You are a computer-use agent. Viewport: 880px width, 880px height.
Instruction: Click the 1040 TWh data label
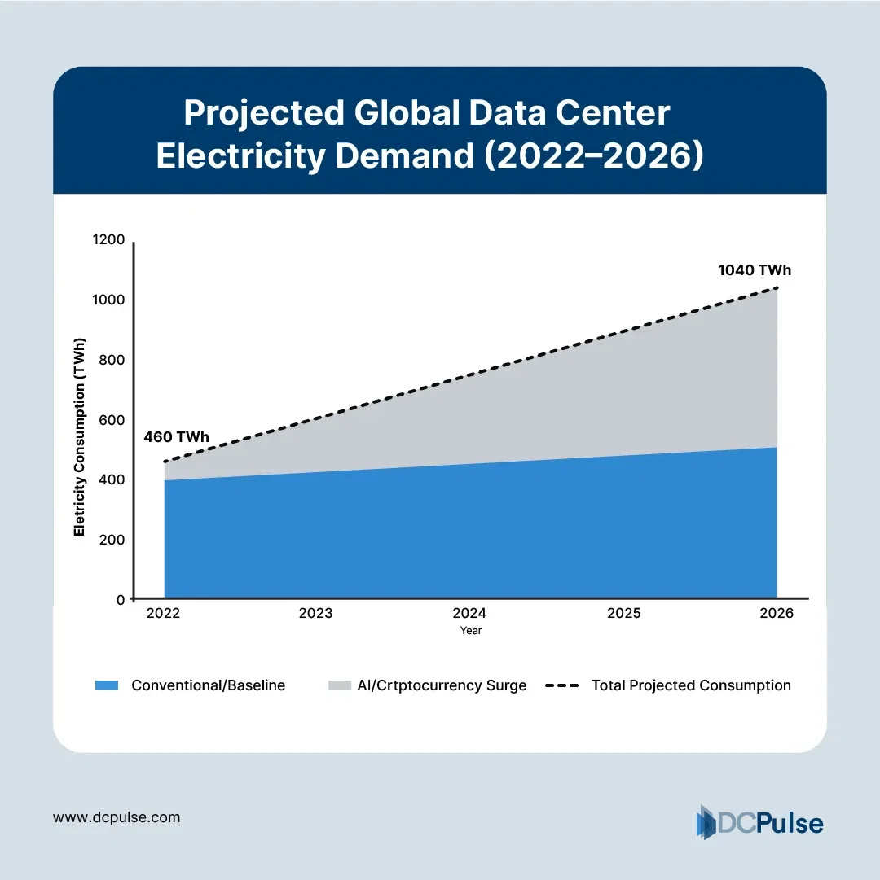tap(755, 270)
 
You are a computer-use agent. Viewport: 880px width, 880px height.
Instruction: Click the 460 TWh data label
tap(176, 437)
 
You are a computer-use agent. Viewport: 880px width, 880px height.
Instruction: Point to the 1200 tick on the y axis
tap(110, 240)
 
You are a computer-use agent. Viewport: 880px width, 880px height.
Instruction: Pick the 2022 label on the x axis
tap(163, 614)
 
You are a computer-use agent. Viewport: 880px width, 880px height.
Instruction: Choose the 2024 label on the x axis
tap(469, 614)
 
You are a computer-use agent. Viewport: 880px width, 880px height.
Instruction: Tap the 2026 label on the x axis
tap(777, 614)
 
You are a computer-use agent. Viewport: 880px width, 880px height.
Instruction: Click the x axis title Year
tap(470, 631)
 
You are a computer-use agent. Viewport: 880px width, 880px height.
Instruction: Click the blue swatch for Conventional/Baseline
tap(107, 685)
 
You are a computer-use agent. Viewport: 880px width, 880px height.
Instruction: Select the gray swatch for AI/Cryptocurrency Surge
tap(339, 685)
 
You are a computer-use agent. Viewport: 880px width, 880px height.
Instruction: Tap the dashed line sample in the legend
tap(561, 685)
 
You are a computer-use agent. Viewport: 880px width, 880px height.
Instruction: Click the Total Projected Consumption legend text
tap(691, 685)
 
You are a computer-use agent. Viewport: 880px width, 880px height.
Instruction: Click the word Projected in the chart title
tap(263, 113)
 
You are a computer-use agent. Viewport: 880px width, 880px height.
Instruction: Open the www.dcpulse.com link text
tap(117, 817)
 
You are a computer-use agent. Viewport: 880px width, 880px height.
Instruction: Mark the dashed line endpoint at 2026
tap(777, 288)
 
